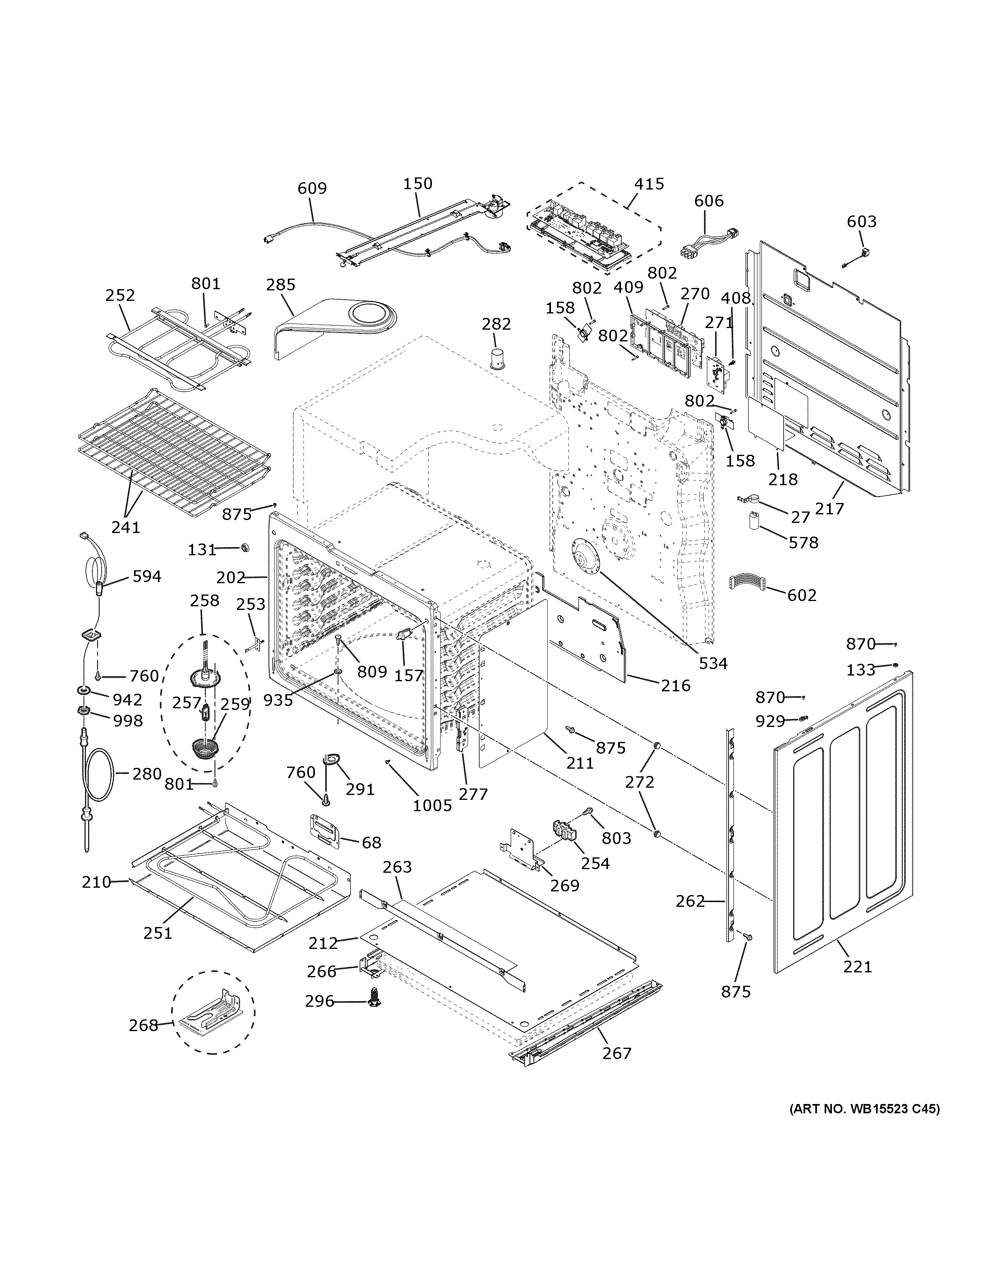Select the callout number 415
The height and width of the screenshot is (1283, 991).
649,184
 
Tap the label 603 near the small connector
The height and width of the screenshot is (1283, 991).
861,222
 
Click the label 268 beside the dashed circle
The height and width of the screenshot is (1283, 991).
144,1025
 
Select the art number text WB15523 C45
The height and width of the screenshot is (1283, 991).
863,1109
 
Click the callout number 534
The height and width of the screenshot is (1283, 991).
713,663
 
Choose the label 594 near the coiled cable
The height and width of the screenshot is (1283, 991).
146,576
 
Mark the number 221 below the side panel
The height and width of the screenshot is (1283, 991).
858,966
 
